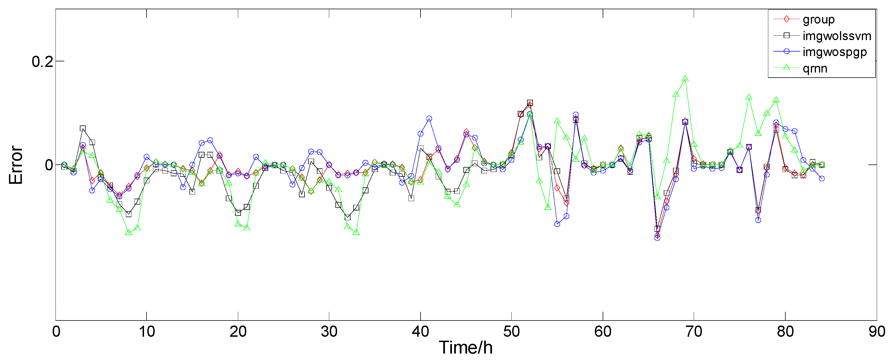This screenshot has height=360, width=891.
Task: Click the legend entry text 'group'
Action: point(818,19)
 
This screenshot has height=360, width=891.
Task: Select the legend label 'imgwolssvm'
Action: point(837,36)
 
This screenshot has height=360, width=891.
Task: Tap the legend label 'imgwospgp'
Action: point(835,52)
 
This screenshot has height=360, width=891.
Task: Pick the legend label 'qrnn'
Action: point(815,68)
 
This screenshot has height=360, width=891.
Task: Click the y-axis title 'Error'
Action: point(16,165)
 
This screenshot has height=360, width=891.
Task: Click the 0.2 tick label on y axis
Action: point(42,62)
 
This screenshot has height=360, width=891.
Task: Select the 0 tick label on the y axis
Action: point(49,165)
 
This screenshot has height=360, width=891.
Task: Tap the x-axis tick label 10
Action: point(147,332)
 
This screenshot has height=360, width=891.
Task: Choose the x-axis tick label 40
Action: point(420,332)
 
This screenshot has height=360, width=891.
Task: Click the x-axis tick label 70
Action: point(694,332)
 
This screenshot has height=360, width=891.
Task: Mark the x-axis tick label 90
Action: point(877,332)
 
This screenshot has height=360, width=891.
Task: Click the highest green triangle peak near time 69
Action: point(685,79)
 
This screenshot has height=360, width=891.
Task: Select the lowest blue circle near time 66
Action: point(657,238)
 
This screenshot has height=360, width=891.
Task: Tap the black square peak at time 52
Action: point(530,103)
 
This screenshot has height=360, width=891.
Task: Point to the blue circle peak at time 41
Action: point(429,119)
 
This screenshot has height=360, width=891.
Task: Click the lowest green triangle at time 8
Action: point(128,233)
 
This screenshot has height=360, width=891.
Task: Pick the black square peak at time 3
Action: point(83,128)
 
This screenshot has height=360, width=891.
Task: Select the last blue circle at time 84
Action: point(822,178)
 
